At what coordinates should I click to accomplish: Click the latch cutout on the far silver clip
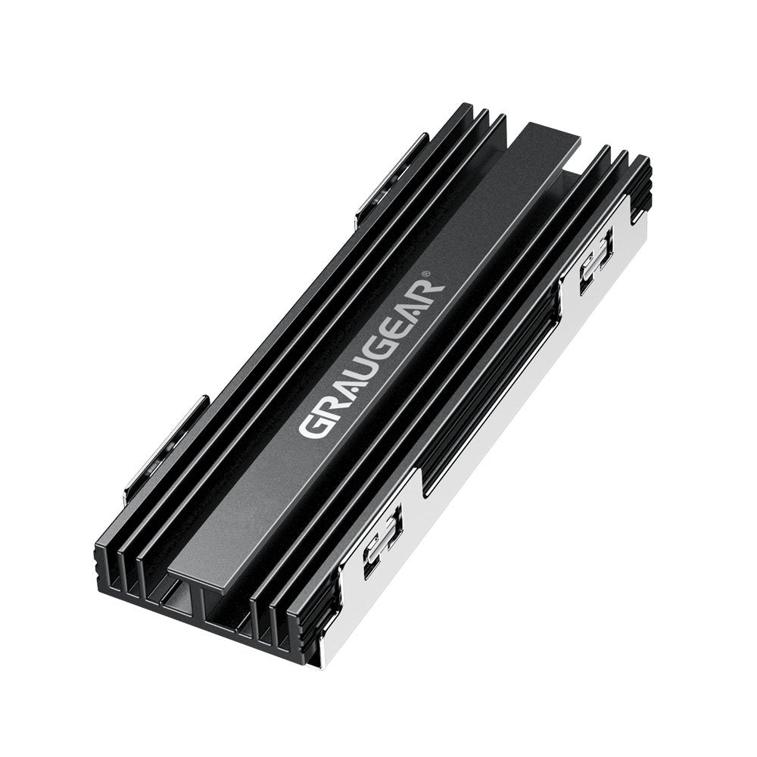click(x=595, y=261)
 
